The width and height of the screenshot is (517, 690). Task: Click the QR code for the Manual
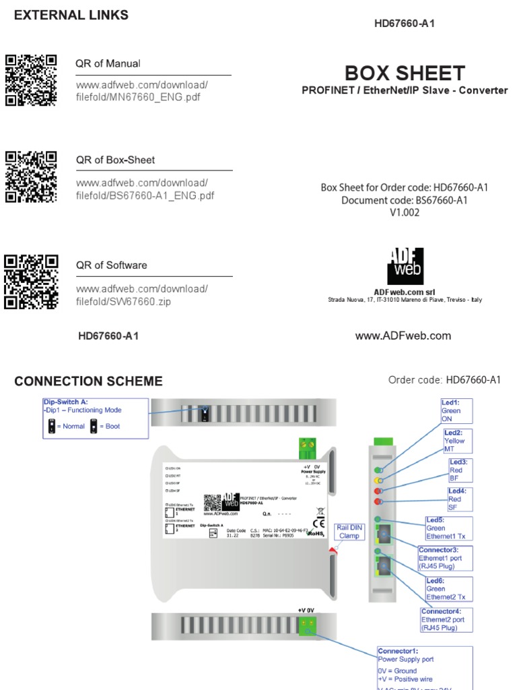coord(31,80)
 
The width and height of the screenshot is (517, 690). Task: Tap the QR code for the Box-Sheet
coord(31,177)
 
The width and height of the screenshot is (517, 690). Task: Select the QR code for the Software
coord(31,281)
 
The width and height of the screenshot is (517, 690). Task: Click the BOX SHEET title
coord(405,73)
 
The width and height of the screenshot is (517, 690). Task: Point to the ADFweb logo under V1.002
coord(405,265)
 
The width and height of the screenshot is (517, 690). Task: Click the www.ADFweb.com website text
coord(403,336)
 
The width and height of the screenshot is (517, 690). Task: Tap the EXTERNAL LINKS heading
coord(71,15)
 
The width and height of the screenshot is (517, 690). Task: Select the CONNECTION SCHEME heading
coord(88,381)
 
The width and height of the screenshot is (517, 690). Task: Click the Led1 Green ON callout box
coord(456,410)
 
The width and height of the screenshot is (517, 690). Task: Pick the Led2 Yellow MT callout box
coord(458,441)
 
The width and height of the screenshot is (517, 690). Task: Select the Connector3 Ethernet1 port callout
coord(447,559)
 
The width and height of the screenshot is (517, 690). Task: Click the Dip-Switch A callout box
coord(94,418)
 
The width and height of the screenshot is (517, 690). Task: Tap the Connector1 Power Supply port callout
coord(424,667)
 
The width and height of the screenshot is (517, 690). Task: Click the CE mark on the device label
coord(318,522)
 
